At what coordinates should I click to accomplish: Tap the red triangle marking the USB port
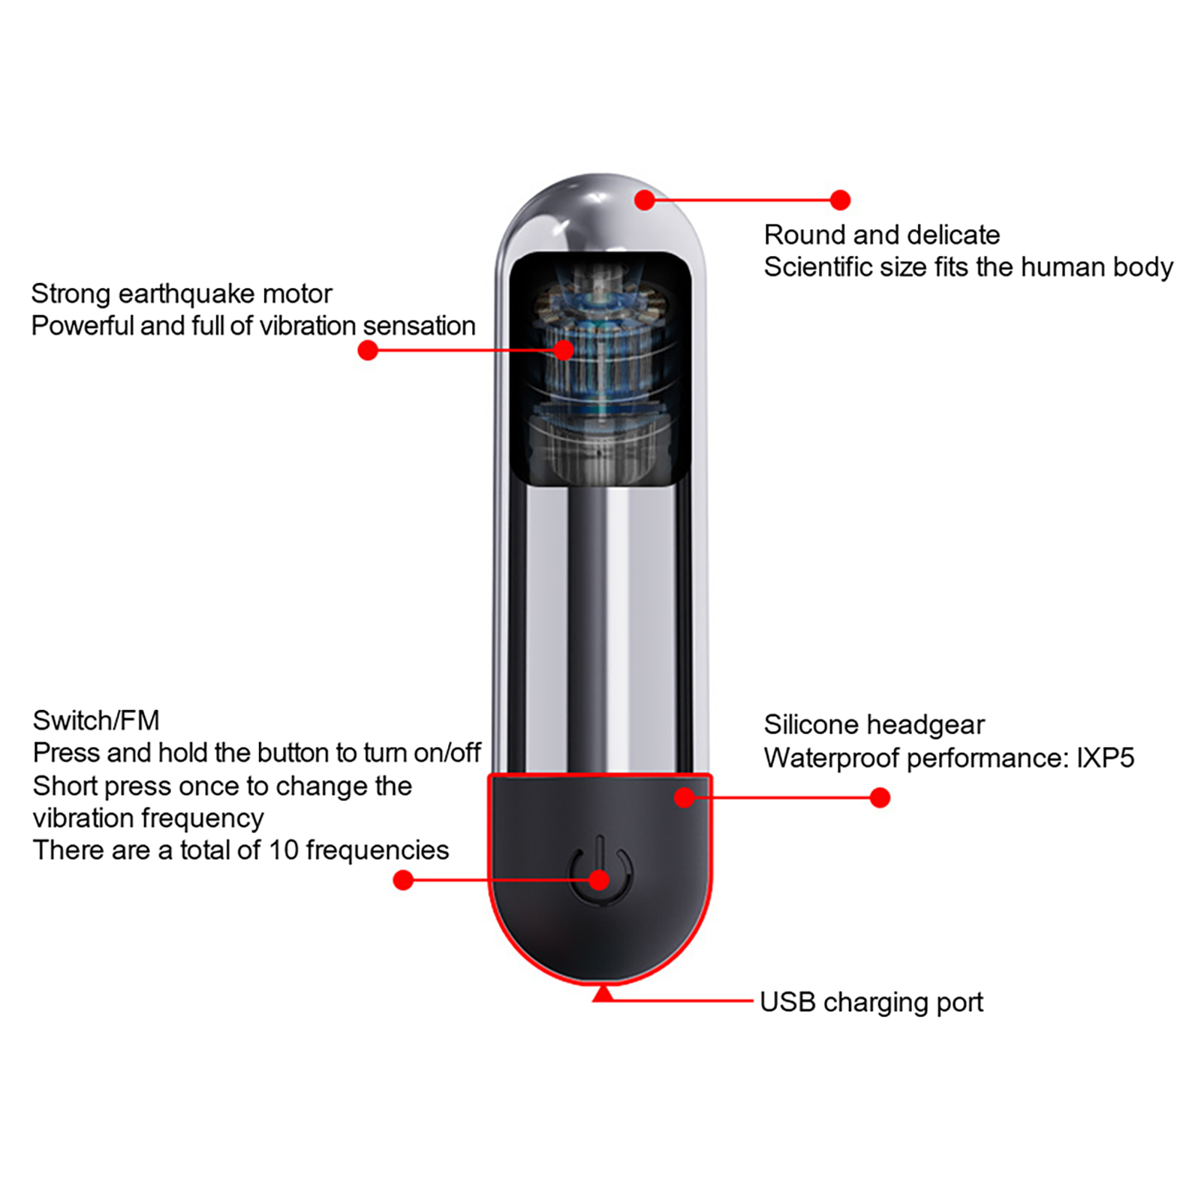(603, 995)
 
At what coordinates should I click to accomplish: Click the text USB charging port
(871, 1002)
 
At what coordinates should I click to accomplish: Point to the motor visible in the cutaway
(600, 368)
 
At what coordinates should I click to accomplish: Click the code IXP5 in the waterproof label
(1105, 758)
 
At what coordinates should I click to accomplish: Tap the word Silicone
(811, 724)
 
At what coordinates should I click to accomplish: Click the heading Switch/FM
(96, 721)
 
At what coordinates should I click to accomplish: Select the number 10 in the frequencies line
(284, 850)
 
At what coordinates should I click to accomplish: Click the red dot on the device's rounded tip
(645, 200)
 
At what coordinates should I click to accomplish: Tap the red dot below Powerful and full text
(368, 351)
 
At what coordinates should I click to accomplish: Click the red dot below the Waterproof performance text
(880, 797)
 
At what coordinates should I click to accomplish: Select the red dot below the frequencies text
(403, 880)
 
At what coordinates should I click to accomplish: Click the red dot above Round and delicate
(840, 200)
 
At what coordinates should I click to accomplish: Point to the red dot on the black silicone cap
(684, 797)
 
